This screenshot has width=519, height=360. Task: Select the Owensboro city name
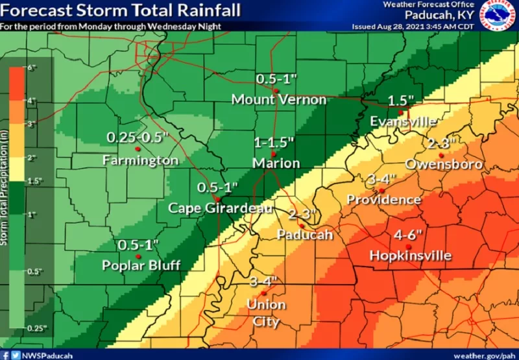[444, 165]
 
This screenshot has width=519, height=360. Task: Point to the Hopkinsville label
[410, 256]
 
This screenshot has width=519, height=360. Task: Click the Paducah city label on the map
[304, 234]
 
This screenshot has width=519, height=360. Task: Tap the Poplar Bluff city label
[140, 265]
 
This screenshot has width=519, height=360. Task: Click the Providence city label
[384, 199]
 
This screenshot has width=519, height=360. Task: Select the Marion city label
[276, 163]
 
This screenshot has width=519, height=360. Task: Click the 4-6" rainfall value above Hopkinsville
[410, 236]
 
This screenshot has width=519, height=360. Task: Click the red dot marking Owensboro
[441, 156]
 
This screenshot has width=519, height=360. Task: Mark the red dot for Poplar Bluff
[138, 256]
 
